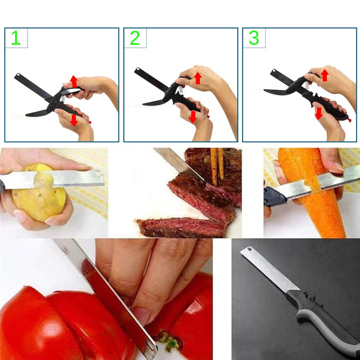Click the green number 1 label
click(x=16, y=38)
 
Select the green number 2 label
click(x=135, y=38)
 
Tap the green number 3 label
click(x=254, y=38)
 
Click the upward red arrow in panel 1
click(x=74, y=81)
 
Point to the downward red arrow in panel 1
click(x=74, y=120)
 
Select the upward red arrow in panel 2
click(x=197, y=78)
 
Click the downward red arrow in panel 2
click(x=193, y=117)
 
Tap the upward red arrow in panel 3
click(x=325, y=75)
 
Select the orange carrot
click(x=316, y=200)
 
